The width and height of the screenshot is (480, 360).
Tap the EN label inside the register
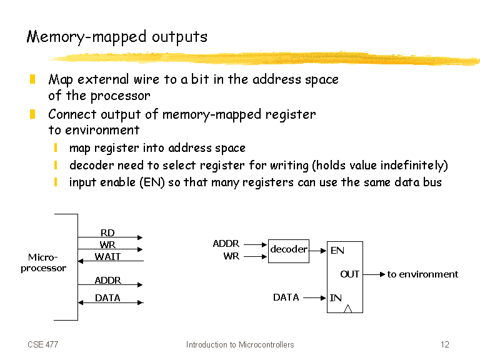pyautogui.click(x=337, y=251)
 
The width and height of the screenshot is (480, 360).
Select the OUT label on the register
pyautogui.click(x=349, y=274)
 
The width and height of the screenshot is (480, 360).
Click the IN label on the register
pyautogui.click(x=336, y=297)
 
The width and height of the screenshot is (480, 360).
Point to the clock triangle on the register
pyautogui.click(x=347, y=309)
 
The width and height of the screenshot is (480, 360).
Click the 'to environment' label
pyautogui.click(x=422, y=274)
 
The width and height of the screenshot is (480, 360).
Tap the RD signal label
pyautogui.click(x=107, y=232)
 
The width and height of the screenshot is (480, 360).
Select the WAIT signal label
pyautogui.click(x=107, y=256)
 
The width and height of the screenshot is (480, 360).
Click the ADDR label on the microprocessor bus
pyautogui.click(x=107, y=280)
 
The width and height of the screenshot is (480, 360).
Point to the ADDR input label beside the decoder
pyautogui.click(x=226, y=243)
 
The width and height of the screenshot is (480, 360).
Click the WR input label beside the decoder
pyautogui.click(x=231, y=256)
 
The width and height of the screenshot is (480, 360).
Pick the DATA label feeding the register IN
pyautogui.click(x=286, y=297)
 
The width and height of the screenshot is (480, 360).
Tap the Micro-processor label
pyautogui.click(x=44, y=262)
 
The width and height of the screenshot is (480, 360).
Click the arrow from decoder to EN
pyautogui.click(x=317, y=251)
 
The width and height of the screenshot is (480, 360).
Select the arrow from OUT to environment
pyautogui.click(x=374, y=274)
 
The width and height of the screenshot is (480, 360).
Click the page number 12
pyautogui.click(x=445, y=344)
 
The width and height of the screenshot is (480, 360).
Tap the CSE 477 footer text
pyautogui.click(x=43, y=344)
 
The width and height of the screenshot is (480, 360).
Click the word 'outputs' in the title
pyautogui.click(x=180, y=37)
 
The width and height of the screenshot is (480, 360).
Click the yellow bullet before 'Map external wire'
pyautogui.click(x=32, y=79)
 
